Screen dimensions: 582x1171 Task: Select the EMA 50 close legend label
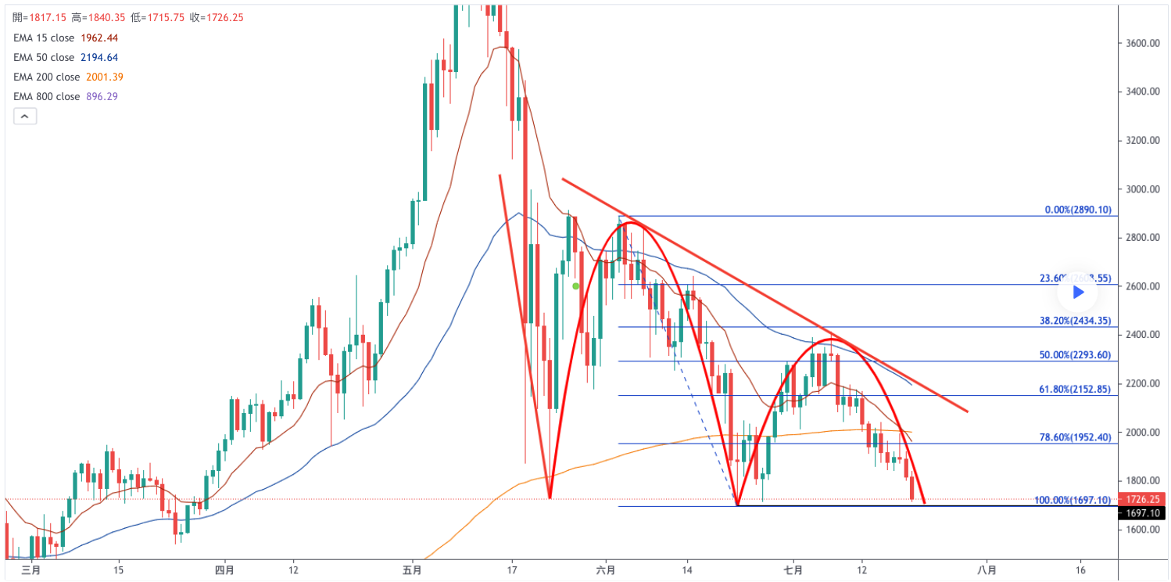44,57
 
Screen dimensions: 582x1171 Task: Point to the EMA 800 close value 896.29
101,96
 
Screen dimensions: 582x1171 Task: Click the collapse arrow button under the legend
24,117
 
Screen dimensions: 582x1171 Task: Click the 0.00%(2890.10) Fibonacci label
1078,210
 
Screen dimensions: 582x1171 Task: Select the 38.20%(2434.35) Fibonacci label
1076,321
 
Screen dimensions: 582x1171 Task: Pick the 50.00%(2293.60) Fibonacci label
1076,355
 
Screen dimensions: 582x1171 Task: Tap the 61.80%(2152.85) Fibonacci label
1076,389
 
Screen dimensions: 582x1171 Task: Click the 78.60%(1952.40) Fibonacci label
1076,438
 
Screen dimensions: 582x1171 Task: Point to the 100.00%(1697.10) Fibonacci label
1073,500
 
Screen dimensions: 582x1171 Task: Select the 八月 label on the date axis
987,569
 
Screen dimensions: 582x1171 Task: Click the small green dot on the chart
576,286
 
